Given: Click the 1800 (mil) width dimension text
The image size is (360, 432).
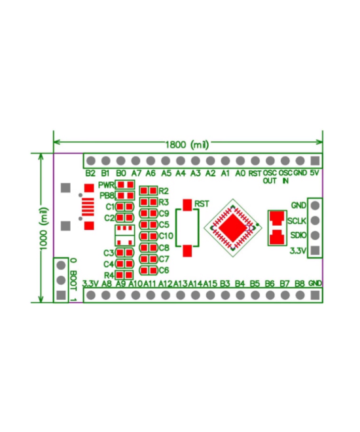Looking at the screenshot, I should pyautogui.click(x=188, y=145).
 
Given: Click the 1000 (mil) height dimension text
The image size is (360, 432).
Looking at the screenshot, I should pyautogui.click(x=44, y=228).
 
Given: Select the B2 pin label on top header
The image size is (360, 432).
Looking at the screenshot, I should pyautogui.click(x=90, y=173).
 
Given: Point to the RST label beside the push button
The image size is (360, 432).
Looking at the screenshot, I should pyautogui.click(x=202, y=204).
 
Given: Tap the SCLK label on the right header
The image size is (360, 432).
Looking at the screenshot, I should pyautogui.click(x=297, y=221).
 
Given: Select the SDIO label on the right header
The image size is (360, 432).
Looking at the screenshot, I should pyautogui.click(x=297, y=236).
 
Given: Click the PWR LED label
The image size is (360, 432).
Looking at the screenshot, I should pyautogui.click(x=106, y=185).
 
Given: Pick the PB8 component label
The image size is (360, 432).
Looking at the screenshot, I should pyautogui.click(x=107, y=196).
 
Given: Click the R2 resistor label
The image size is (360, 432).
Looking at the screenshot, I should pyautogui.click(x=164, y=190).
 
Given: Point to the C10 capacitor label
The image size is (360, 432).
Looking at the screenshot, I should pyautogui.click(x=166, y=236).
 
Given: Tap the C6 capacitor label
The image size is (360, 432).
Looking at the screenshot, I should pyautogui.click(x=164, y=270).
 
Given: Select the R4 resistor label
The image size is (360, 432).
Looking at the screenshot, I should pyautogui.click(x=109, y=275).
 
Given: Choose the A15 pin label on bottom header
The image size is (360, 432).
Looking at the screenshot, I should pyautogui.click(x=210, y=283).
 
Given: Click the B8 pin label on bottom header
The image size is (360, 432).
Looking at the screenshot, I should pyautogui.click(x=300, y=283).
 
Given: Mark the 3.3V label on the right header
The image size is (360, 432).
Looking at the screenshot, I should pyautogui.click(x=297, y=251).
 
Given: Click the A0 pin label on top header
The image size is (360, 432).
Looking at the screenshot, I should pyautogui.click(x=240, y=173).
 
